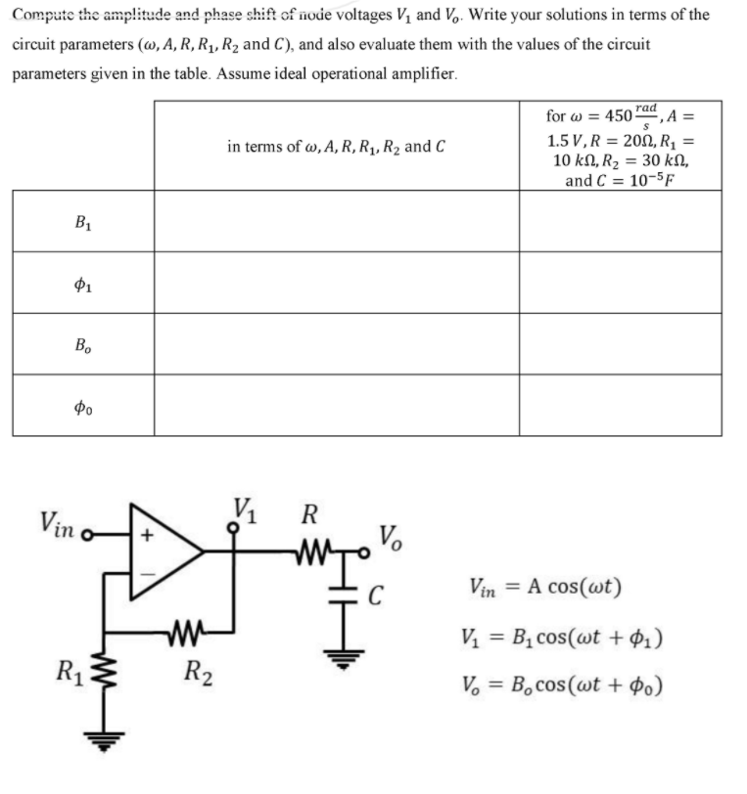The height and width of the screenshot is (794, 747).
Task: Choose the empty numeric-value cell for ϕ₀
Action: pos(620,406)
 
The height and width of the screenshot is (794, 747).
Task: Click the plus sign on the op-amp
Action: pos(149,537)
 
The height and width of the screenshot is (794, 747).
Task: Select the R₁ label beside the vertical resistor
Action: pos(69,673)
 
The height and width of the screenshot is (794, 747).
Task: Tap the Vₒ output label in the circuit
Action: pos(389,536)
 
